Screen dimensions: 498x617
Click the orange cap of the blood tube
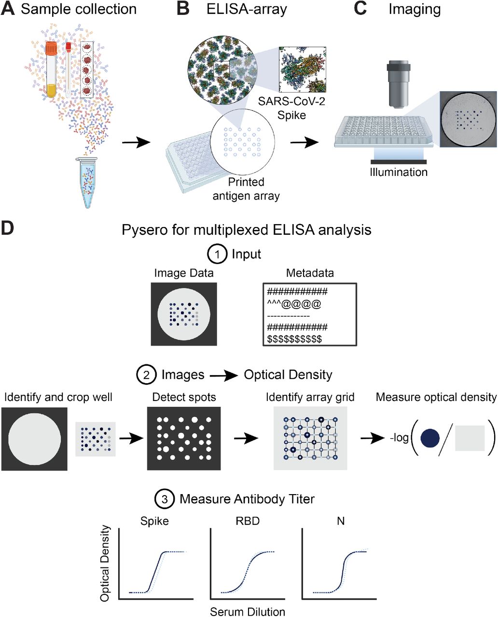point(52,48)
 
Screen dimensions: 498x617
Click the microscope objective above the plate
point(398,84)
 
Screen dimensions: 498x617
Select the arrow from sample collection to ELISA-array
point(136,142)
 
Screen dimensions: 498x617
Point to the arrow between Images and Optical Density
point(224,376)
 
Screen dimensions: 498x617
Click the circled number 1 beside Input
point(217,255)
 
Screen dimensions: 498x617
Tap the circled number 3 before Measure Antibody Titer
point(165,499)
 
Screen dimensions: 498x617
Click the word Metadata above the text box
point(310,273)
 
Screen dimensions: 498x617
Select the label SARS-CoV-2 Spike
point(291,108)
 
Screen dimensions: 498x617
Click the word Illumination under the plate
point(399,172)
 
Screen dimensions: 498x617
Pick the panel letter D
point(7,228)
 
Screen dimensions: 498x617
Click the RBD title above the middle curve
point(248,521)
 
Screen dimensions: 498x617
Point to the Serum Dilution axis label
point(248,612)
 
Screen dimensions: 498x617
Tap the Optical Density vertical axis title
point(105,563)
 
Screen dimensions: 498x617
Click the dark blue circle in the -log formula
point(429,438)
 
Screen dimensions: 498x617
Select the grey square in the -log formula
point(470,438)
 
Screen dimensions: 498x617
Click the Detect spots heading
point(184,397)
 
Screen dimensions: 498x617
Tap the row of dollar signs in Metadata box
point(294,339)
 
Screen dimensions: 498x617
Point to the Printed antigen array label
point(246,189)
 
